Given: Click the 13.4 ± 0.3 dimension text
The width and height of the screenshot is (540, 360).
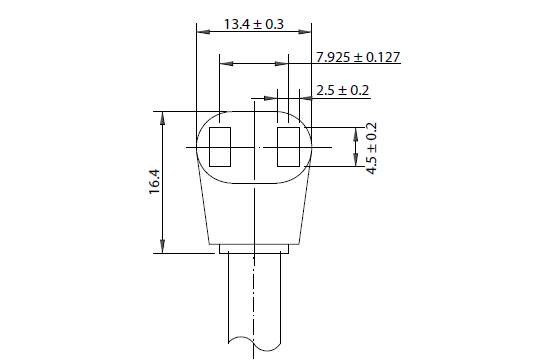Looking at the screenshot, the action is click(x=254, y=24).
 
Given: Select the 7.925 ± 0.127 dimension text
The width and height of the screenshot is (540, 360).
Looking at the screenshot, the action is click(x=358, y=57).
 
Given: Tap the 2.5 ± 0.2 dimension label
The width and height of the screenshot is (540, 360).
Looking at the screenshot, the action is click(x=342, y=90).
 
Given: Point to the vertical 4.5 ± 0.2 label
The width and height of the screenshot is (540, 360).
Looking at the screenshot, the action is click(x=372, y=148).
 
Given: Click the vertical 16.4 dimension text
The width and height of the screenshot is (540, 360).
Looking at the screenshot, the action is click(x=155, y=182).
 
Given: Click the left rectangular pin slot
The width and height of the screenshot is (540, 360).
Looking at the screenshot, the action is click(x=220, y=147).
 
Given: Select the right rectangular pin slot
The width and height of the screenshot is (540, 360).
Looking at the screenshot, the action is click(x=289, y=147).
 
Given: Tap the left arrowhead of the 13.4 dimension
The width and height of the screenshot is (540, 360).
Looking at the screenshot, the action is click(x=203, y=32).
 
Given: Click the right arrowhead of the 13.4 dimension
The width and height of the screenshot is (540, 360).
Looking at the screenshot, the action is click(x=305, y=32).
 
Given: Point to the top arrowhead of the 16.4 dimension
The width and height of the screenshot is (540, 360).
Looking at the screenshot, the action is click(x=163, y=118).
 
